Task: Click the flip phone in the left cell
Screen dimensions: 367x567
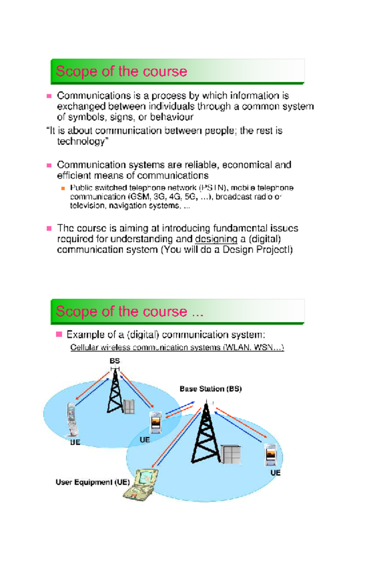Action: coord(72,419)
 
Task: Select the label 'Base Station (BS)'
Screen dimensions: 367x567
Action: coord(210,389)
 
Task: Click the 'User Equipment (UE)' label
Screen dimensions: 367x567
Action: coord(92,482)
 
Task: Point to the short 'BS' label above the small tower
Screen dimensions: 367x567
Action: coord(115,361)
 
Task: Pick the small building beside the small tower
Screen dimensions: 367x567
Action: coord(129,406)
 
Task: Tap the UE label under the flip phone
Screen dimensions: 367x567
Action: coord(75,442)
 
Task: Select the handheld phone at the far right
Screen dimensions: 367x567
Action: coord(271,455)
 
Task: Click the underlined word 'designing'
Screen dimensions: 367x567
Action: coord(216,239)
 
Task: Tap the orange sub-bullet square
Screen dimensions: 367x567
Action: coord(63,188)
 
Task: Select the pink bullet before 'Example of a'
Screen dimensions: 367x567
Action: coord(59,334)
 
